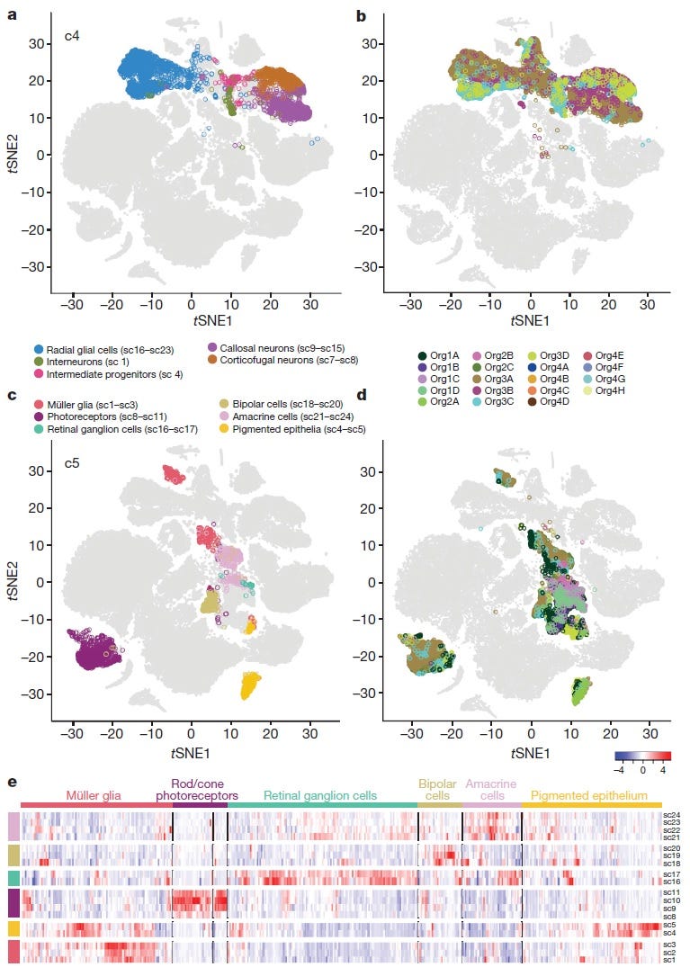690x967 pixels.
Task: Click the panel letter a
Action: pyautogui.click(x=13, y=15)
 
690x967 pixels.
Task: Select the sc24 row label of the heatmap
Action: pyautogui.click(x=671, y=816)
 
